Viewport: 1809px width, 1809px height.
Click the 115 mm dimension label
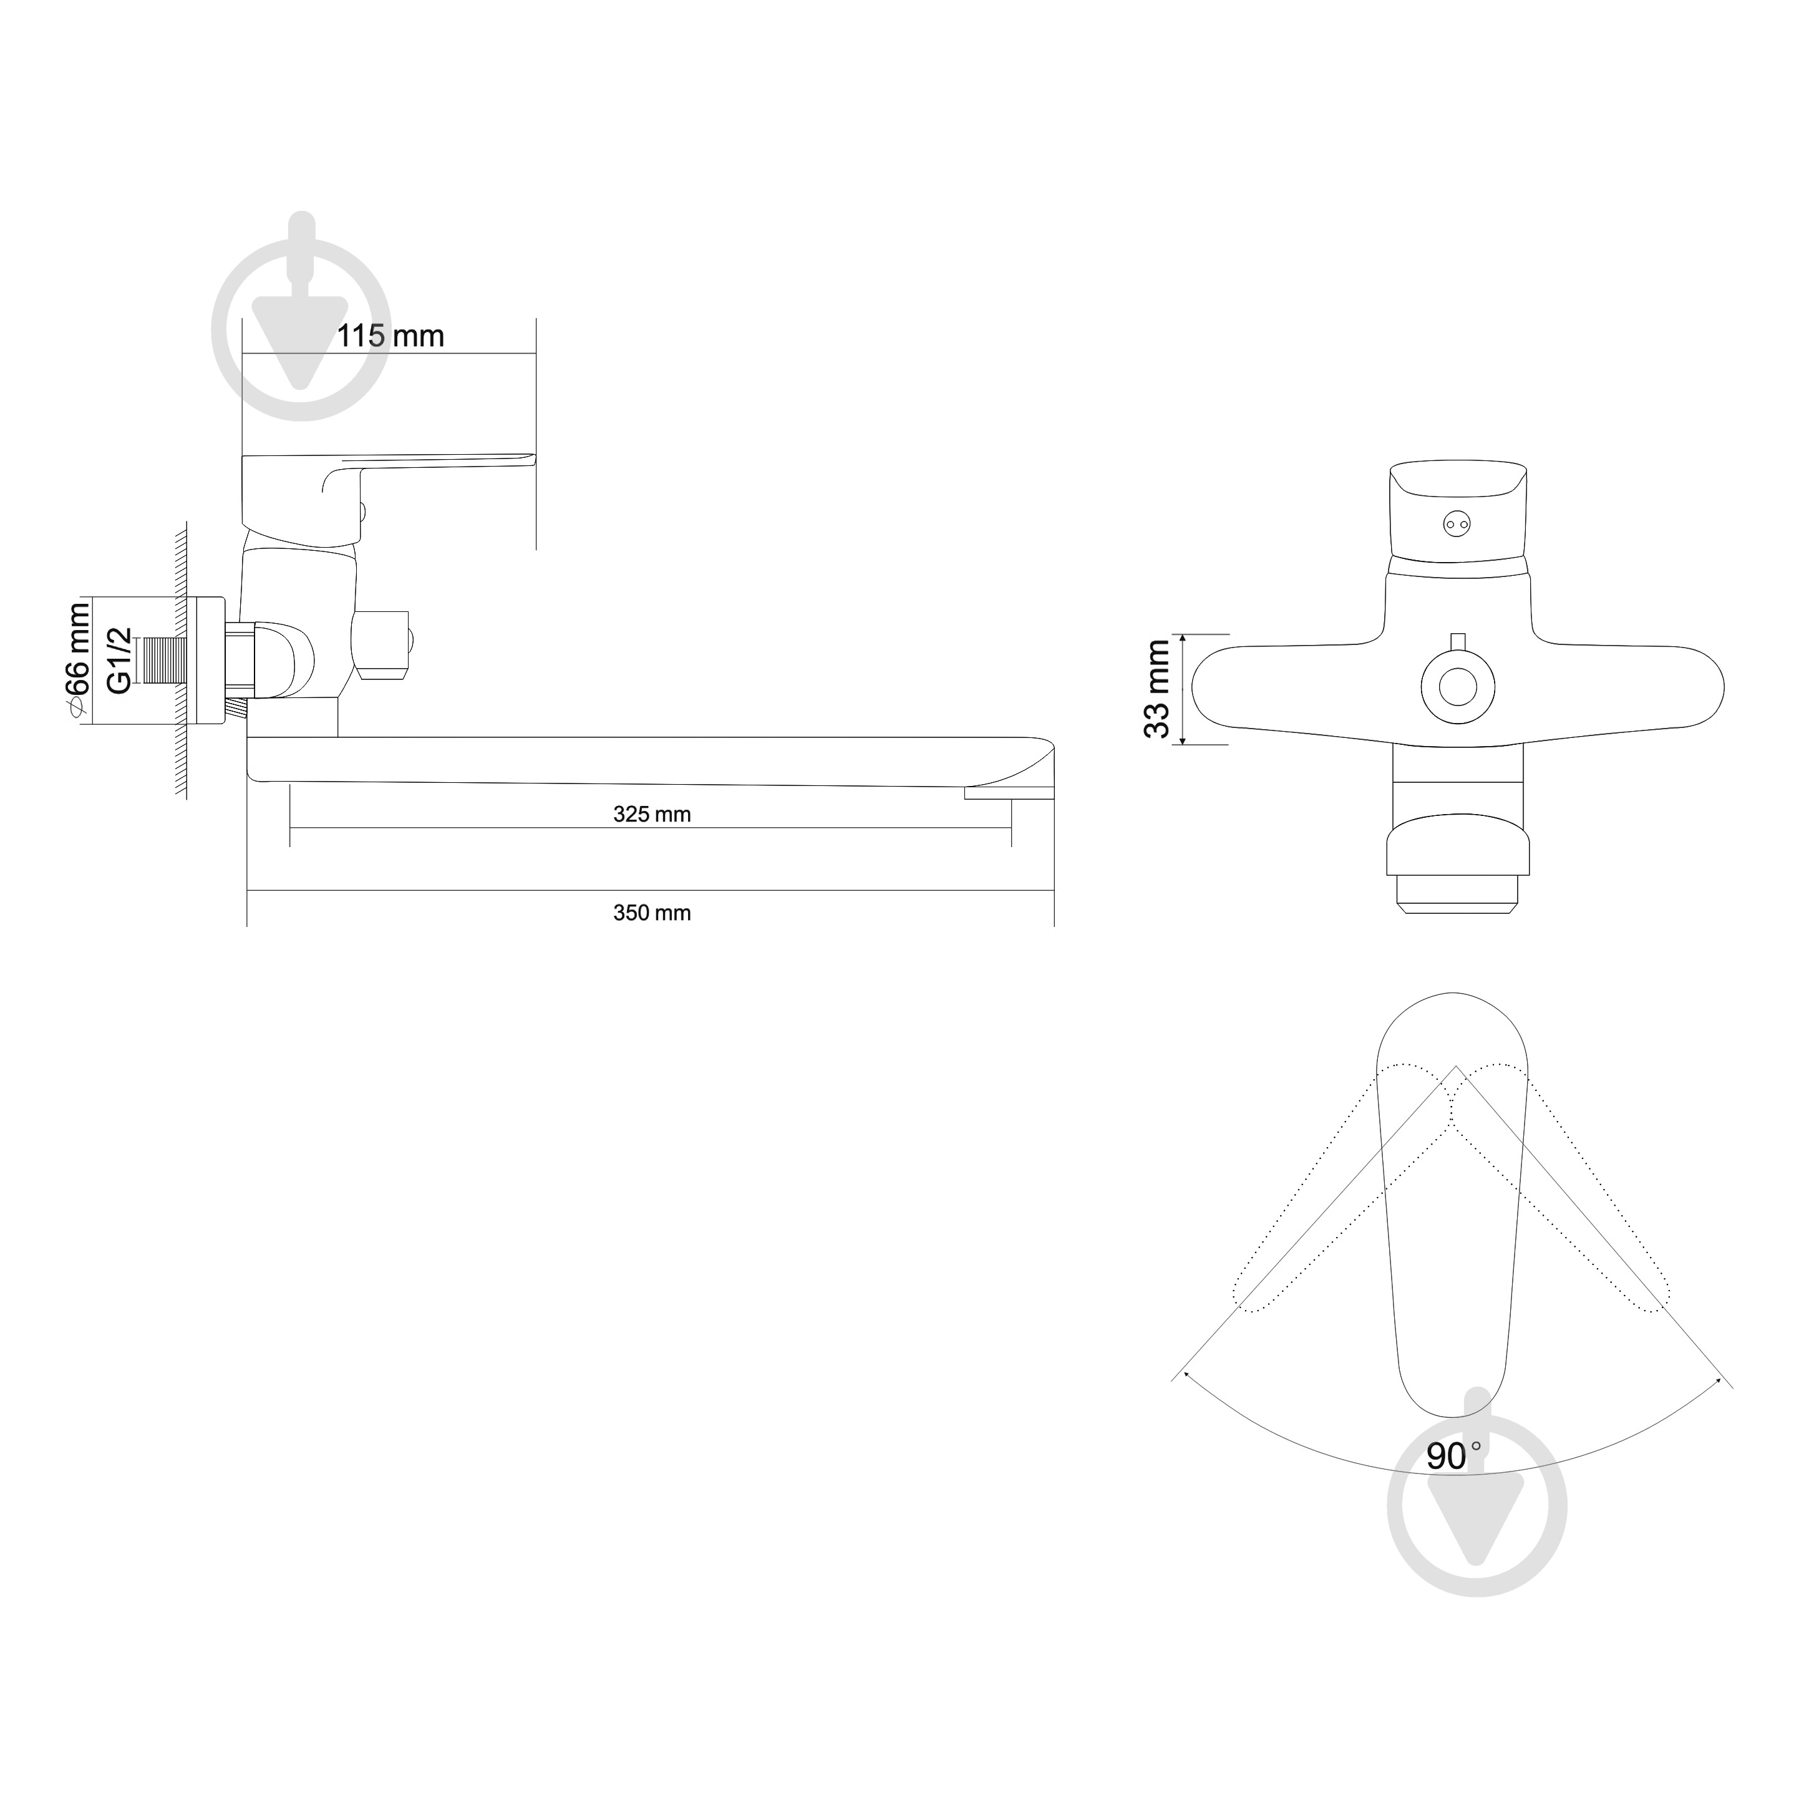click(x=390, y=336)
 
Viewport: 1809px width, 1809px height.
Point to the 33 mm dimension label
click(x=1158, y=689)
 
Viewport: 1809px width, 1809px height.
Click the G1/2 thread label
click(x=119, y=660)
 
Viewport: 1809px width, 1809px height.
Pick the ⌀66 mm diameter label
click(x=77, y=660)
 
